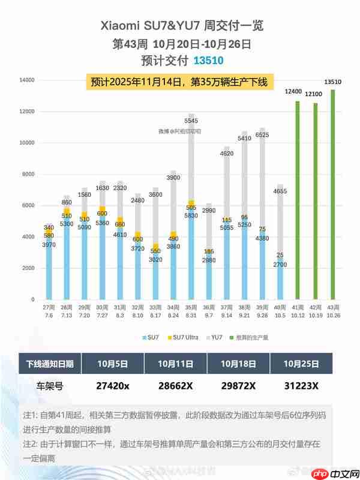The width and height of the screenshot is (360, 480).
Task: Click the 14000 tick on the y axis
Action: point(26,80)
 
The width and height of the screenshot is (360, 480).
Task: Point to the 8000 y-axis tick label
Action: point(28,175)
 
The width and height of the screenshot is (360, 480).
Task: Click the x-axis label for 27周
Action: point(48,307)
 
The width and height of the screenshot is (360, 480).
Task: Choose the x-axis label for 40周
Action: point(279,307)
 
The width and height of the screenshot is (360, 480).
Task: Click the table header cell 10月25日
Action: point(301,364)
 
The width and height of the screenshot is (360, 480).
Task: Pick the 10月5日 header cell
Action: point(112,364)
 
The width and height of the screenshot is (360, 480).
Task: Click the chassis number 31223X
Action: point(301,386)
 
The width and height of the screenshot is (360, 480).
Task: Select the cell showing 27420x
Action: point(112,386)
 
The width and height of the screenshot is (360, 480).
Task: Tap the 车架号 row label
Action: point(49,386)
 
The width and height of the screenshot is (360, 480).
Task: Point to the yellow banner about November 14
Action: point(179,82)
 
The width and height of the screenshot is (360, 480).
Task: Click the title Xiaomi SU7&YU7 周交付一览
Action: point(180,26)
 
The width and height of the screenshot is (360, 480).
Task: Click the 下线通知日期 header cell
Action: point(49,364)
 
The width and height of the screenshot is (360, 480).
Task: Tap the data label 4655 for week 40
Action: point(280,175)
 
